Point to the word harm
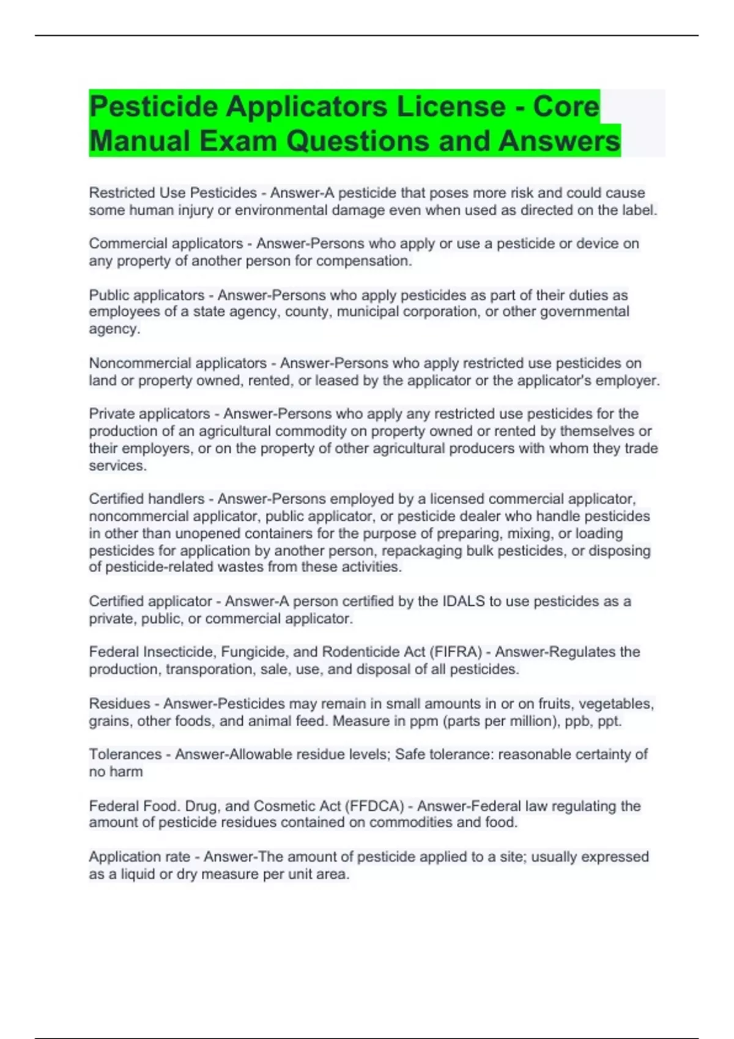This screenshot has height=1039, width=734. tap(127, 772)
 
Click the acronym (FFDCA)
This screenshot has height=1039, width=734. tap(374, 806)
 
